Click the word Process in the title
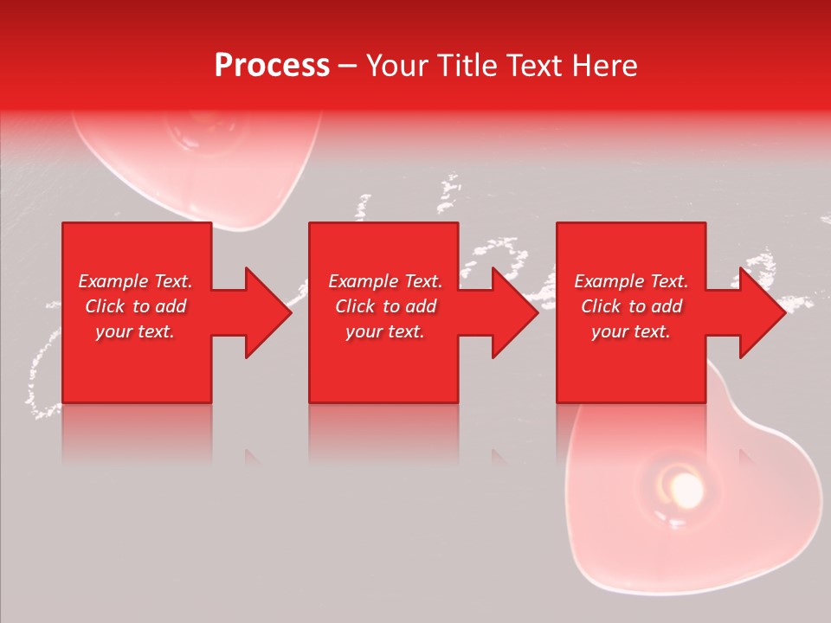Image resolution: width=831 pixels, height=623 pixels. coord(272,66)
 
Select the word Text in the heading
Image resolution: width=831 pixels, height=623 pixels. coord(530,66)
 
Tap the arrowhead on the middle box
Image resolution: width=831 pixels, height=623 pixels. coord(514,312)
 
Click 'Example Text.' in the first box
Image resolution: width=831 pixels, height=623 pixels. coord(136,281)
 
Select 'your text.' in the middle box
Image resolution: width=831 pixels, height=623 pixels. coord(384,331)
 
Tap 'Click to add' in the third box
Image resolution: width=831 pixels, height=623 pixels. coord(631,306)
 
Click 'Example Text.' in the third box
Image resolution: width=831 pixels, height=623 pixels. coord(631,281)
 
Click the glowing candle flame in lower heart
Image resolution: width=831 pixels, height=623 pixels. coord(686,490)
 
